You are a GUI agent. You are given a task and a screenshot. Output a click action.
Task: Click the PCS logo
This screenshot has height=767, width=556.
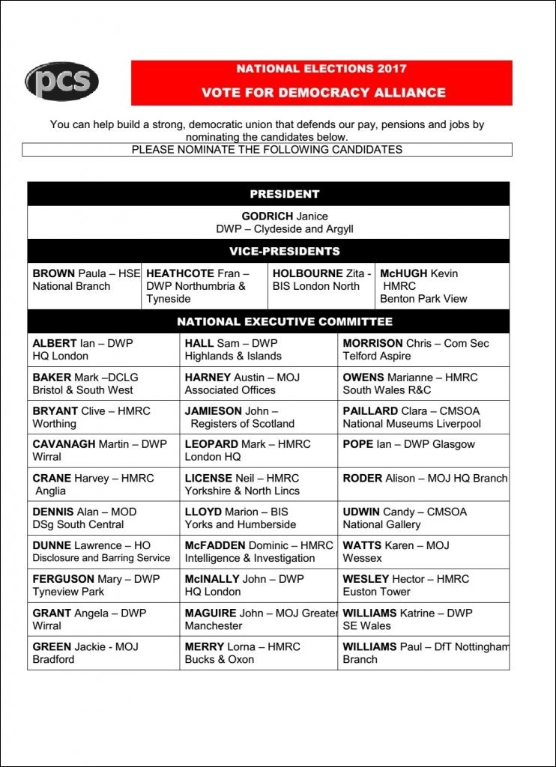click(61, 82)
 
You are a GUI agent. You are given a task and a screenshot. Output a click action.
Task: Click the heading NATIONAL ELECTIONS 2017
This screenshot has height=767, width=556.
click(321, 69)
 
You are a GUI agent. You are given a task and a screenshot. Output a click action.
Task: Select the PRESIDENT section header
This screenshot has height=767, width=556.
click(284, 194)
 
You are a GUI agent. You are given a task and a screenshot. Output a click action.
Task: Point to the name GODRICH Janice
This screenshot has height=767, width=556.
click(284, 216)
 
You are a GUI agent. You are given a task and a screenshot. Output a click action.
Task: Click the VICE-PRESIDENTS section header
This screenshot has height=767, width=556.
click(284, 251)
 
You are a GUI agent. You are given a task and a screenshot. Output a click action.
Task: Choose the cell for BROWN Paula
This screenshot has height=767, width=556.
click(84, 285)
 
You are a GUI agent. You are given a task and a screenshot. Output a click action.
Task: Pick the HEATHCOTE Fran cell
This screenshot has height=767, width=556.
click(204, 286)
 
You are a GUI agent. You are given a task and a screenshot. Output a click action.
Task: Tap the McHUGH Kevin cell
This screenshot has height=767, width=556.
click(441, 286)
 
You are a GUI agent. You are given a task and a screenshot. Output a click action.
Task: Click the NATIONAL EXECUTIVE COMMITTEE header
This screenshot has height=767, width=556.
click(284, 322)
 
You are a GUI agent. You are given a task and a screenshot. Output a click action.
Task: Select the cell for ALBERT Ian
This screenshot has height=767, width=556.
click(103, 350)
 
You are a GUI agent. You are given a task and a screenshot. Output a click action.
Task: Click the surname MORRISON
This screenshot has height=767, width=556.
click(372, 343)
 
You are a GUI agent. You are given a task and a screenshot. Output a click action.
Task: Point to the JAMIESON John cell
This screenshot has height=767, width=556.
click(258, 417)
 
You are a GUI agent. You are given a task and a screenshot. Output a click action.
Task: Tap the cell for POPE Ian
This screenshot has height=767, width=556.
click(423, 450)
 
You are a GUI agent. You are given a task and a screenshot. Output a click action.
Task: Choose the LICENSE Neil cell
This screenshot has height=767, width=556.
click(258, 485)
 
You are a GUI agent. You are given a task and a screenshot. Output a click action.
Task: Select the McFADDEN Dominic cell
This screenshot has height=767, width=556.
click(258, 552)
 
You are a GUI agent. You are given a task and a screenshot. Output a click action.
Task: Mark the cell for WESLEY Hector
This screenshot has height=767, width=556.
click(423, 586)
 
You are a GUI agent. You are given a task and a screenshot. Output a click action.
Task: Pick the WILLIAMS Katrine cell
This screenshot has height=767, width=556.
click(423, 619)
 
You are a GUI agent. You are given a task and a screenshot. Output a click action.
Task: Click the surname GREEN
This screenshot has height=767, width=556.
click(52, 646)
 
